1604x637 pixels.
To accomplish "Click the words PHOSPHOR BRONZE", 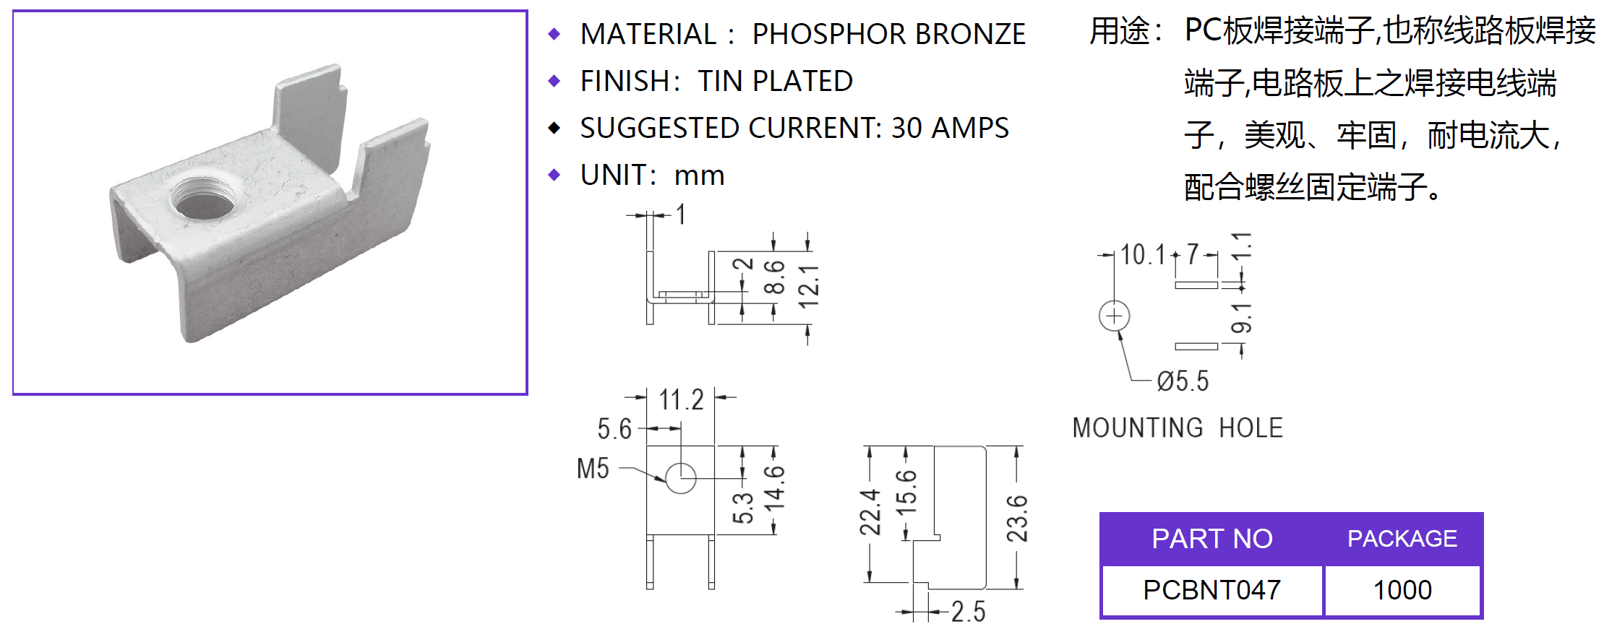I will (888, 35).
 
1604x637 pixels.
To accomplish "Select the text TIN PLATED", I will (775, 82).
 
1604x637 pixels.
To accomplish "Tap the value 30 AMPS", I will (950, 129).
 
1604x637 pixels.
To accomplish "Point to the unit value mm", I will (699, 175).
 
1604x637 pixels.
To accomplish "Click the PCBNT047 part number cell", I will (1211, 590).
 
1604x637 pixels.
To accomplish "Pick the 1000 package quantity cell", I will (1402, 590).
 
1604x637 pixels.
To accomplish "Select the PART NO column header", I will (1211, 539).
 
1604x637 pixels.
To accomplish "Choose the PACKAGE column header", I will (1402, 539).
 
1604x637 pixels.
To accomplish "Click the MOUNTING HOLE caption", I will (1178, 428).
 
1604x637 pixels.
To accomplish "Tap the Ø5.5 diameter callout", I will (1183, 381).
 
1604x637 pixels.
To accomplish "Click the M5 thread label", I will (593, 469).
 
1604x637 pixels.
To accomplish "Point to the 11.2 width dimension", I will (681, 399).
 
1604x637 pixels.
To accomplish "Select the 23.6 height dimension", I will (1017, 518).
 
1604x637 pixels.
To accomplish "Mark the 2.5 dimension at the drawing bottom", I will (968, 612).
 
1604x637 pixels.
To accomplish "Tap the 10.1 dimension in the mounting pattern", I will (1143, 255).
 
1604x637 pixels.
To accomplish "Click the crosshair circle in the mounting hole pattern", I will (1114, 316).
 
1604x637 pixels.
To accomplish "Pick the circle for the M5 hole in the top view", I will (680, 478).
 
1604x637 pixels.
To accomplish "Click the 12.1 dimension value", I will (809, 286).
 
